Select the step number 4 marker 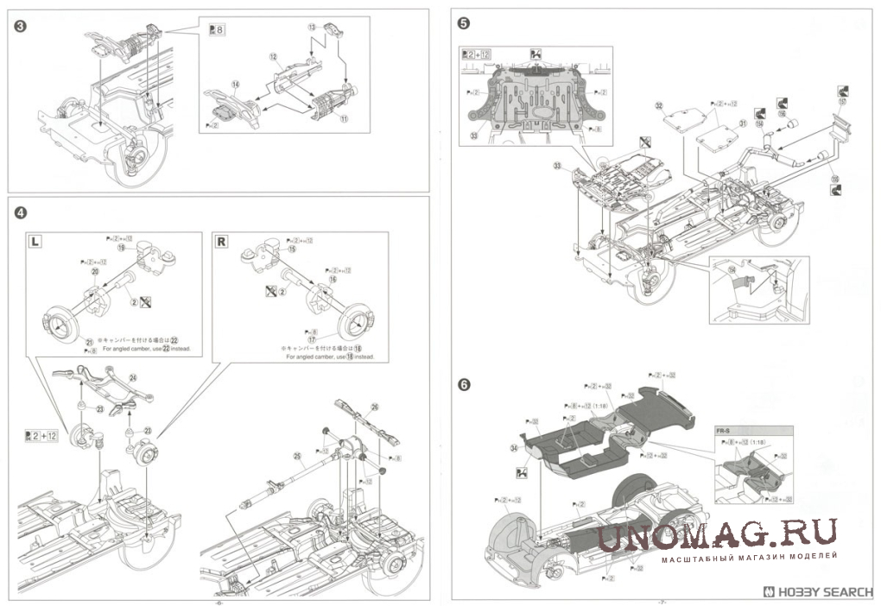(x=20, y=212)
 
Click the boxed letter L (x=35, y=242)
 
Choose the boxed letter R (x=221, y=242)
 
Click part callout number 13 (x=312, y=28)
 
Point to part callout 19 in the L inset (x=122, y=247)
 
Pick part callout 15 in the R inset (x=292, y=249)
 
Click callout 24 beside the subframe (x=133, y=377)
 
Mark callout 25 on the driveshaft (x=295, y=455)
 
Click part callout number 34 (x=514, y=448)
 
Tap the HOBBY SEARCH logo (x=820, y=593)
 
